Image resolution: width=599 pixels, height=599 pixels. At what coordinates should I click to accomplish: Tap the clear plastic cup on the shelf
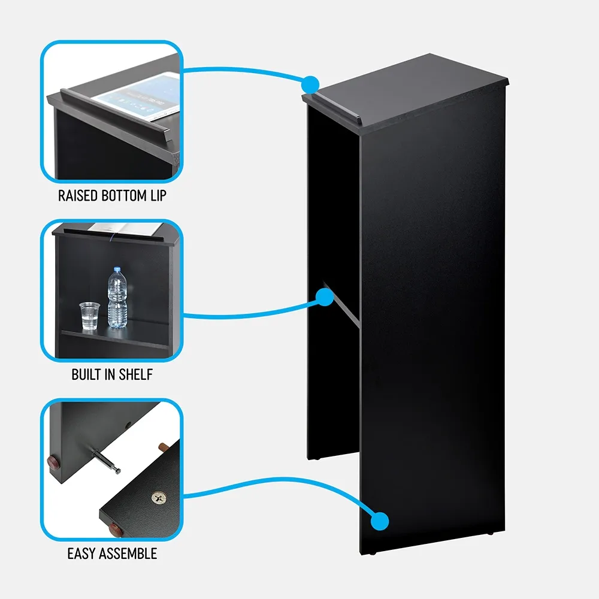[88, 315]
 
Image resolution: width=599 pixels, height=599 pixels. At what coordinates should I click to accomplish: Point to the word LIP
[157, 195]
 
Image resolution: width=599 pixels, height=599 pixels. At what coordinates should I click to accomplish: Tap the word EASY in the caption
[82, 553]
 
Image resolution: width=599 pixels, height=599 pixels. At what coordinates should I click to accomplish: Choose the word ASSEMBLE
[128, 553]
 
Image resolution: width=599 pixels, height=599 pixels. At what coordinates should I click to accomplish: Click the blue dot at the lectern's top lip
[310, 83]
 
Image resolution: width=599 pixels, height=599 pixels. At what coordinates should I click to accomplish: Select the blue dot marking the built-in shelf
[324, 297]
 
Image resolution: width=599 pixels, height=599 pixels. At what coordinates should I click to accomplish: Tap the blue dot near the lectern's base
[379, 521]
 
